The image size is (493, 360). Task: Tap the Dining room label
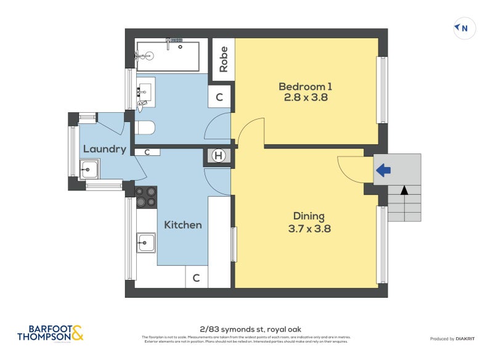308,216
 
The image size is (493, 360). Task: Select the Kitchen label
182,225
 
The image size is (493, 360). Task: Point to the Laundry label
104,149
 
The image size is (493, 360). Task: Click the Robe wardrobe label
223,60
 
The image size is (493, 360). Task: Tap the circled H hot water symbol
218,156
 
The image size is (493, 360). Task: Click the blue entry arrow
383,170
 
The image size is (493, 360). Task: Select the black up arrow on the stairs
404,190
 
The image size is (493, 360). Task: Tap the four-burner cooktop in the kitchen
146,197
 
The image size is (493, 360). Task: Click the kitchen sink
146,242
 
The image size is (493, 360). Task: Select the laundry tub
89,168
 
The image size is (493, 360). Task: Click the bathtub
168,56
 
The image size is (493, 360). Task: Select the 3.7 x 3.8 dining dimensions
308,228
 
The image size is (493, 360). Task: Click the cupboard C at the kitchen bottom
196,278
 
